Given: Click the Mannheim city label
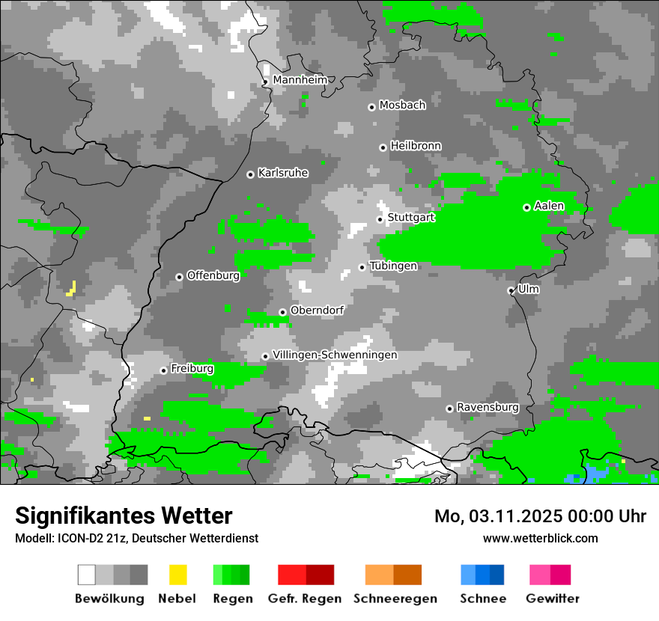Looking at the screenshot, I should [x=300, y=80].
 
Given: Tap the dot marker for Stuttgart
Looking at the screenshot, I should [x=380, y=219].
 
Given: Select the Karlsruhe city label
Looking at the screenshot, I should [x=283, y=173].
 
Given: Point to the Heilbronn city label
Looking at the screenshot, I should [x=416, y=146].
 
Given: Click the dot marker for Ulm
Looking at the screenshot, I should [x=511, y=290].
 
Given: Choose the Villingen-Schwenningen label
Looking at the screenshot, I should [x=335, y=355].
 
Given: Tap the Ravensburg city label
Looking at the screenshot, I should [x=488, y=407].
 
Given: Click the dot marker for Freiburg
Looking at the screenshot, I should [x=163, y=370].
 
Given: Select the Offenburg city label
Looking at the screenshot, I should [x=213, y=275].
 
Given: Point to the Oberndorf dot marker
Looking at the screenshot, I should [x=282, y=312].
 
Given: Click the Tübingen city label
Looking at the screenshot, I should [x=393, y=266].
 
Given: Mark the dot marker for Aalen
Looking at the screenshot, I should [x=526, y=207].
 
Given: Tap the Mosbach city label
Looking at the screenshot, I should [x=402, y=105].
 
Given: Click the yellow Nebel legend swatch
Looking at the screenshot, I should [x=177, y=575].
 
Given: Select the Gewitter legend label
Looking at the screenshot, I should [x=552, y=599].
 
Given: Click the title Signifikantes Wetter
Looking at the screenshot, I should [x=124, y=516].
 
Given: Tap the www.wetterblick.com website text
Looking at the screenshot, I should [x=540, y=538].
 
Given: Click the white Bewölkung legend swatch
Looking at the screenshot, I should [x=87, y=575].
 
